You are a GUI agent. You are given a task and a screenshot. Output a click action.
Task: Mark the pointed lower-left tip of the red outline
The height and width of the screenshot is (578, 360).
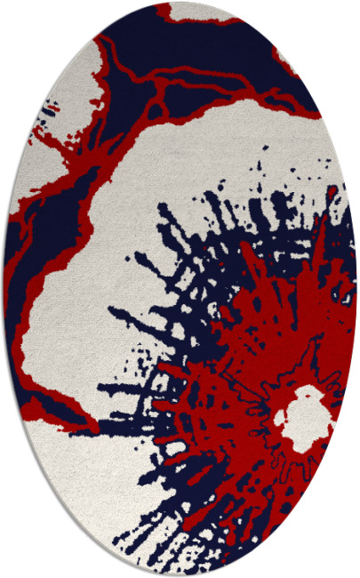(x=89, y=428)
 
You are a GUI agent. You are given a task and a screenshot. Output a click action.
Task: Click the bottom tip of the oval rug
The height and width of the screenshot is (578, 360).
(x=180, y=574)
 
